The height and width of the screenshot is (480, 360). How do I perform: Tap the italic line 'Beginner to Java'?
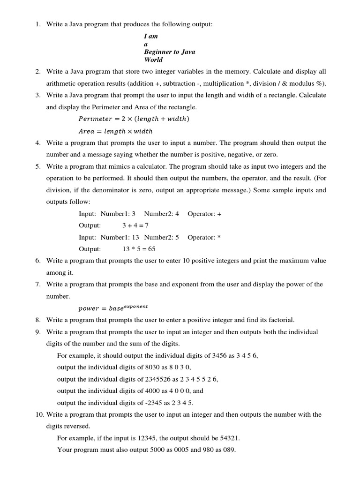(x=169, y=52)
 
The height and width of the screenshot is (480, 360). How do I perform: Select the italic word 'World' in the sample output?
(x=153, y=60)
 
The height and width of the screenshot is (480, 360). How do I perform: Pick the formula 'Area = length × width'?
(x=115, y=131)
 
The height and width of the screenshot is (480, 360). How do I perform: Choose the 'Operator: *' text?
(x=204, y=237)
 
